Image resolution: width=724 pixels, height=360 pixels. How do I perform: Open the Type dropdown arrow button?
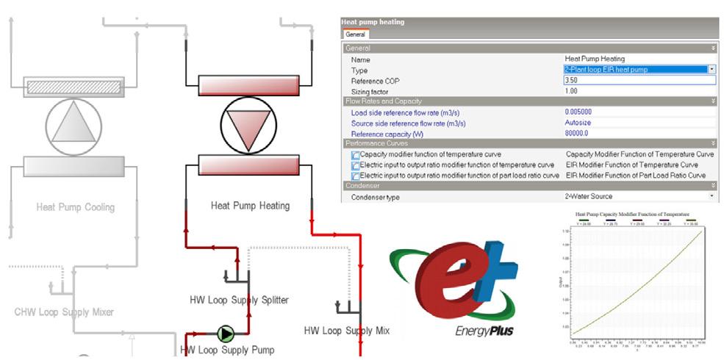[x=711, y=69]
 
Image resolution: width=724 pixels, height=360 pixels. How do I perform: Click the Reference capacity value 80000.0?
[x=578, y=134]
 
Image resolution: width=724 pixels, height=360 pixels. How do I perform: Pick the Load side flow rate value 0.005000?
[x=578, y=112]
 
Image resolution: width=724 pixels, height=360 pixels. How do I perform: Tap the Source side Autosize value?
[x=578, y=123]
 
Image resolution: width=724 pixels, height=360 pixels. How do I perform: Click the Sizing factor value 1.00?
[x=571, y=90]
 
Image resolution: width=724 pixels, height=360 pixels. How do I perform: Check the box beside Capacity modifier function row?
[x=356, y=155]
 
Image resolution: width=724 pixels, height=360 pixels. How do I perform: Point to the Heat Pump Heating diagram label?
[x=250, y=206]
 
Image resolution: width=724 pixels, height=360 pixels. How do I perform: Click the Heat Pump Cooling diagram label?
[x=76, y=207]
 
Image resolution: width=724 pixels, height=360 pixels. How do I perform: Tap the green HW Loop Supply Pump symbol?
[x=226, y=335]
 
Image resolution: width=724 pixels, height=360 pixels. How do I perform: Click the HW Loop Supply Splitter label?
[x=239, y=300]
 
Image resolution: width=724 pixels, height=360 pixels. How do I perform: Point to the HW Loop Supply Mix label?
[x=346, y=331]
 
